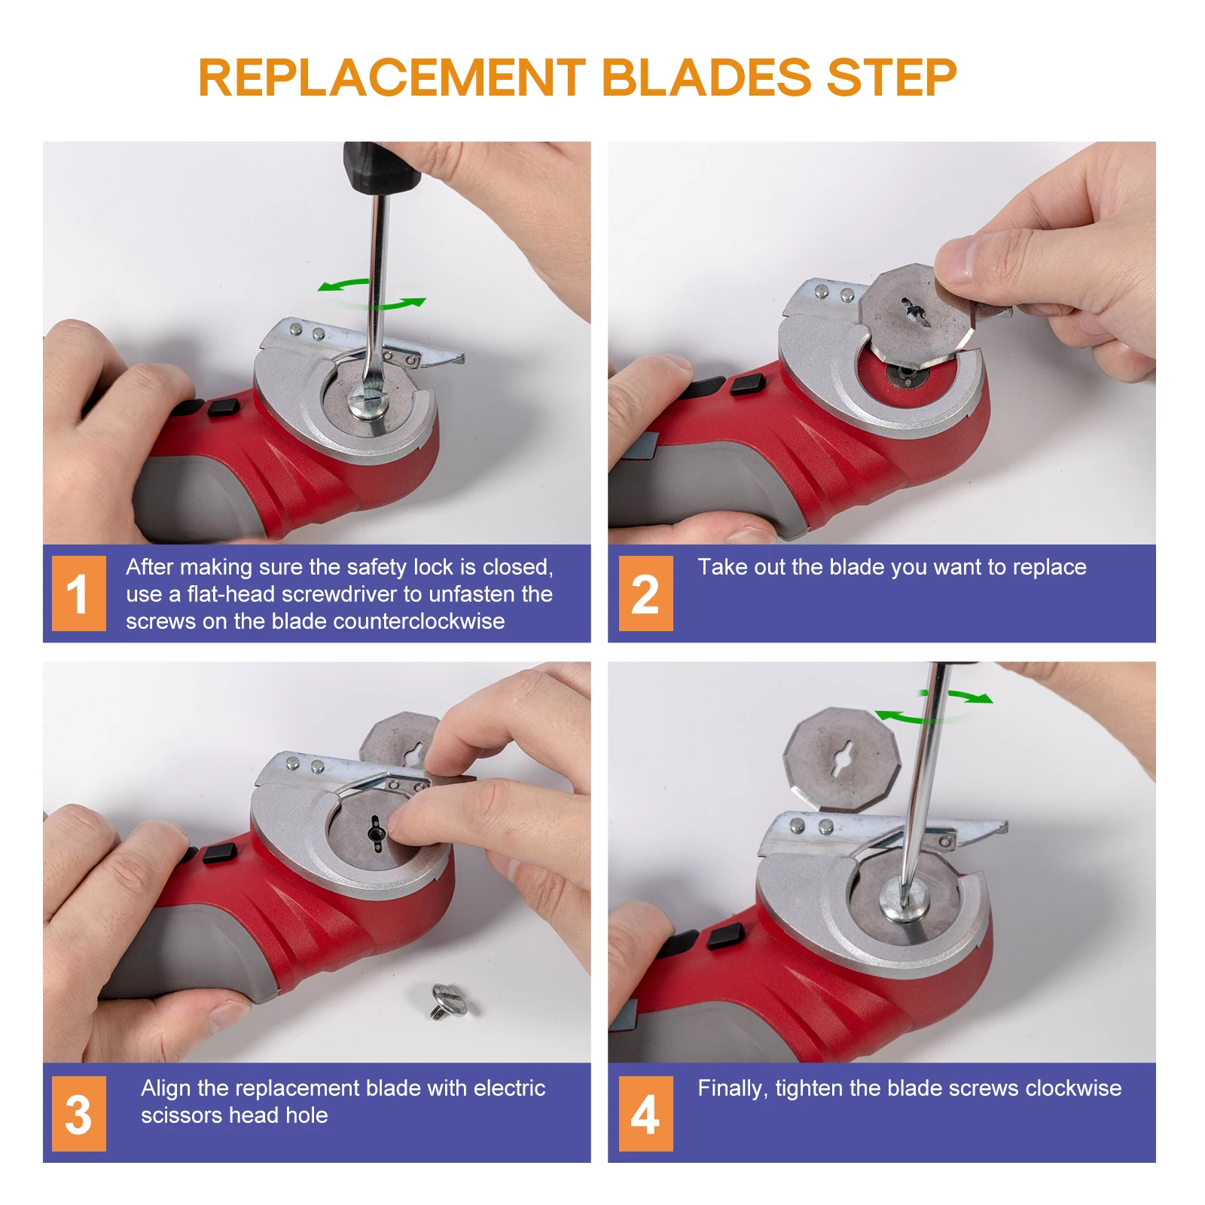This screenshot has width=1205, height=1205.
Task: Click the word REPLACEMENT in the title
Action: coord(392,78)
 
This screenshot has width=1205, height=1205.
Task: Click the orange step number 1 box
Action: coord(79,593)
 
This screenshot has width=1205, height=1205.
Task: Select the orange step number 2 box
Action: coord(645,593)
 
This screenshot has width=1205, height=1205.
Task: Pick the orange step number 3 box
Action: coord(79,1114)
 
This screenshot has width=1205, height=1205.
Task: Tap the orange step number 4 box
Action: coord(645,1114)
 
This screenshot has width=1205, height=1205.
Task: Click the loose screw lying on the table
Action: coord(449,1001)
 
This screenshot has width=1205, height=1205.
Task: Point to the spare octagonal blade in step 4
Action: coord(842,758)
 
